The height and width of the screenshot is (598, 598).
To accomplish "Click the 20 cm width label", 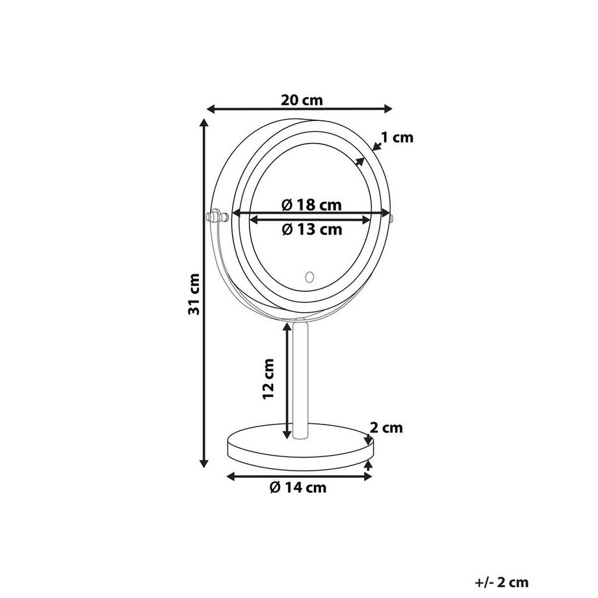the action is click(x=302, y=100).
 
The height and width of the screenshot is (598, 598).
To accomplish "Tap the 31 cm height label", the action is click(x=194, y=294).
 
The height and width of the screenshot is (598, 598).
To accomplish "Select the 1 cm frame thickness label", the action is click(x=397, y=137).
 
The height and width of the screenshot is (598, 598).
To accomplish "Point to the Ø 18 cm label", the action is click(x=311, y=205).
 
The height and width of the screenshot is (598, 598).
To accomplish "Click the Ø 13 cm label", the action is click(x=312, y=229).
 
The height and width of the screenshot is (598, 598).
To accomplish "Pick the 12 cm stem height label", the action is click(x=269, y=379).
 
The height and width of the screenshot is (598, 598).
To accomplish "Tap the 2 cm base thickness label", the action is click(x=386, y=428).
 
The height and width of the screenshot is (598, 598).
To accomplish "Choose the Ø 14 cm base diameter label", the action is click(x=298, y=487).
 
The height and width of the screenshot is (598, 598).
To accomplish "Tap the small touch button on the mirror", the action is click(x=309, y=276).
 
